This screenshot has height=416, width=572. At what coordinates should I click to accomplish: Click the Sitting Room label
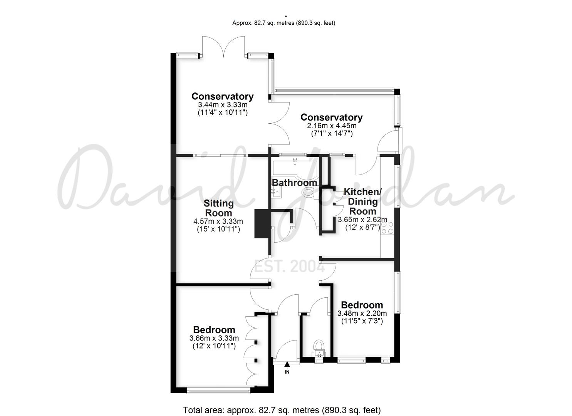218,208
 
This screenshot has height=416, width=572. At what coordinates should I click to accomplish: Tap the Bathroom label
295,183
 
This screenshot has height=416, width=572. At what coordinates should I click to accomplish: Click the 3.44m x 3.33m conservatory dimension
222,105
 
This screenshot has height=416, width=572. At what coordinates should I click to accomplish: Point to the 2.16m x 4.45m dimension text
331,126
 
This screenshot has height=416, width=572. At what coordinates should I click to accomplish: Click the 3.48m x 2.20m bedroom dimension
362,313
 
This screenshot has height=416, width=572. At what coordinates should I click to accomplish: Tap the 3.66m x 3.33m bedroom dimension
214,338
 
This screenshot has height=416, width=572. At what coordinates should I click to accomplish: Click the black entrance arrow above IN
287,364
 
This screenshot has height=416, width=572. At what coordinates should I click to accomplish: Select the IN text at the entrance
287,372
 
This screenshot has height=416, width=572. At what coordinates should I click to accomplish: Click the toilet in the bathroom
310,193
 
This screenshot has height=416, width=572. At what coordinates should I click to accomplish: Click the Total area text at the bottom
282,409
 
